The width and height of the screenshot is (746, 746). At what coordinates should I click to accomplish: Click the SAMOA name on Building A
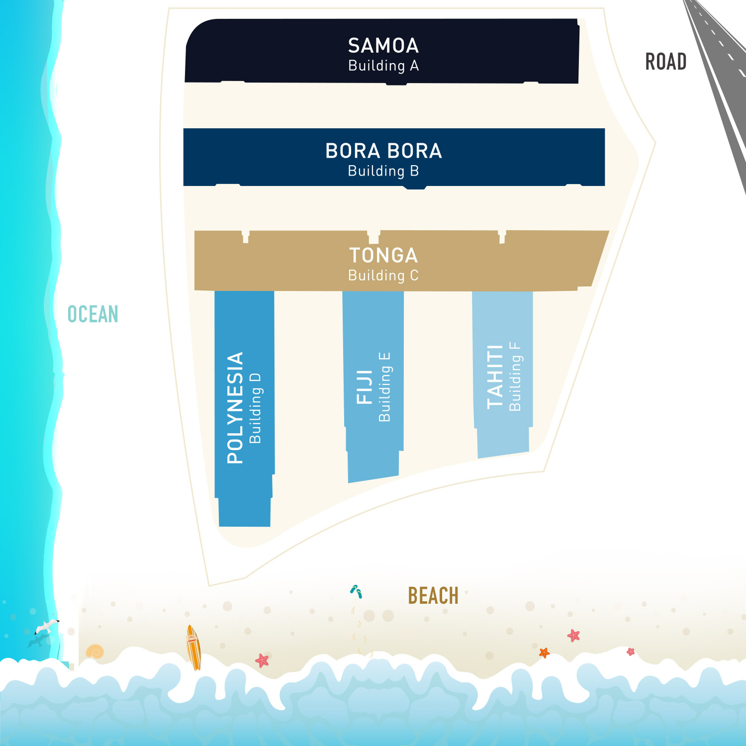[x=383, y=46]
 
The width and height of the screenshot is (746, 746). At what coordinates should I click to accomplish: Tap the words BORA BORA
[x=383, y=151]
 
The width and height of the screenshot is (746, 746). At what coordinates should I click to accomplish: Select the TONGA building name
[x=383, y=256]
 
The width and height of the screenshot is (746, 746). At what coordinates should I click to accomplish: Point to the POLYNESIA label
[x=235, y=408]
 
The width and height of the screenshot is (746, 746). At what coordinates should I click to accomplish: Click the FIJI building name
[x=365, y=387]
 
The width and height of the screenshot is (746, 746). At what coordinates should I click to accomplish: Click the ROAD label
[x=665, y=62]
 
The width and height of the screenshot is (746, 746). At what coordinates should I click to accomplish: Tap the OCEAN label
[x=93, y=314]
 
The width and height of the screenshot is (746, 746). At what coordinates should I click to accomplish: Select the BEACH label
[x=433, y=596]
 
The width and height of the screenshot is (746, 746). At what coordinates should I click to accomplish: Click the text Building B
[x=383, y=171]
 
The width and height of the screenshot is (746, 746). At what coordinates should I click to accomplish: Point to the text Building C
[x=383, y=276]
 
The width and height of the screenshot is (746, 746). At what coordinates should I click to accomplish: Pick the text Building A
[x=383, y=66]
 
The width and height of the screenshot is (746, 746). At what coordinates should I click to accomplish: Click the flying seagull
[x=47, y=626]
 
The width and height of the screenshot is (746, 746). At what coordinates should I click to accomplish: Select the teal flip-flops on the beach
[x=356, y=591]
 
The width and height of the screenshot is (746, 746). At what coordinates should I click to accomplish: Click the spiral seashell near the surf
[x=94, y=652]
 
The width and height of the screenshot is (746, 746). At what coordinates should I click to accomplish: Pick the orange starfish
[x=544, y=653]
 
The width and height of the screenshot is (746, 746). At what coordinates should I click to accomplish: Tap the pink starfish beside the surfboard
[x=262, y=660]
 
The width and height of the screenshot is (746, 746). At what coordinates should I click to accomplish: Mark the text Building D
[x=255, y=408]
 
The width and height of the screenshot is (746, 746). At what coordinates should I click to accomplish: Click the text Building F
[x=515, y=377]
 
